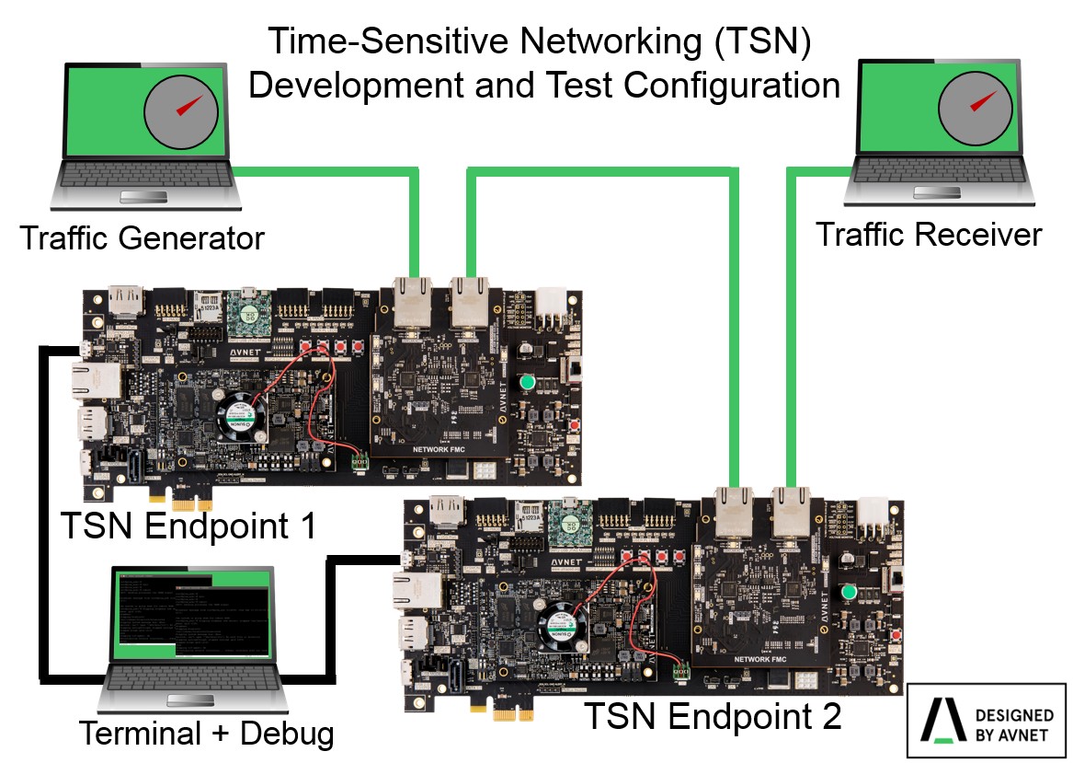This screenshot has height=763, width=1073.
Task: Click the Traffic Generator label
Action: pos(142,238)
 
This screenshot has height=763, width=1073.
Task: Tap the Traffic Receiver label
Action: pos(929,235)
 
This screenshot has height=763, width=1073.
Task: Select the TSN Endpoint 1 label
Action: pos(188,526)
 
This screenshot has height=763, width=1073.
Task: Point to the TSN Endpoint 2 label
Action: pos(713,715)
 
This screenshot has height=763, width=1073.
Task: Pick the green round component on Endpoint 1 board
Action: pos(527,382)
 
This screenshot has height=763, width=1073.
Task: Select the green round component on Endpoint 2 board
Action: pos(849,592)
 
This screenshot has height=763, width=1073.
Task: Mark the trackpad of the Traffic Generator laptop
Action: pos(146,196)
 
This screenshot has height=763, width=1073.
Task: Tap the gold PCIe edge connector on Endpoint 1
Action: pos(189,504)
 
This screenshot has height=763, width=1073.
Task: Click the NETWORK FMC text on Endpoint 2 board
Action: pos(759,660)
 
